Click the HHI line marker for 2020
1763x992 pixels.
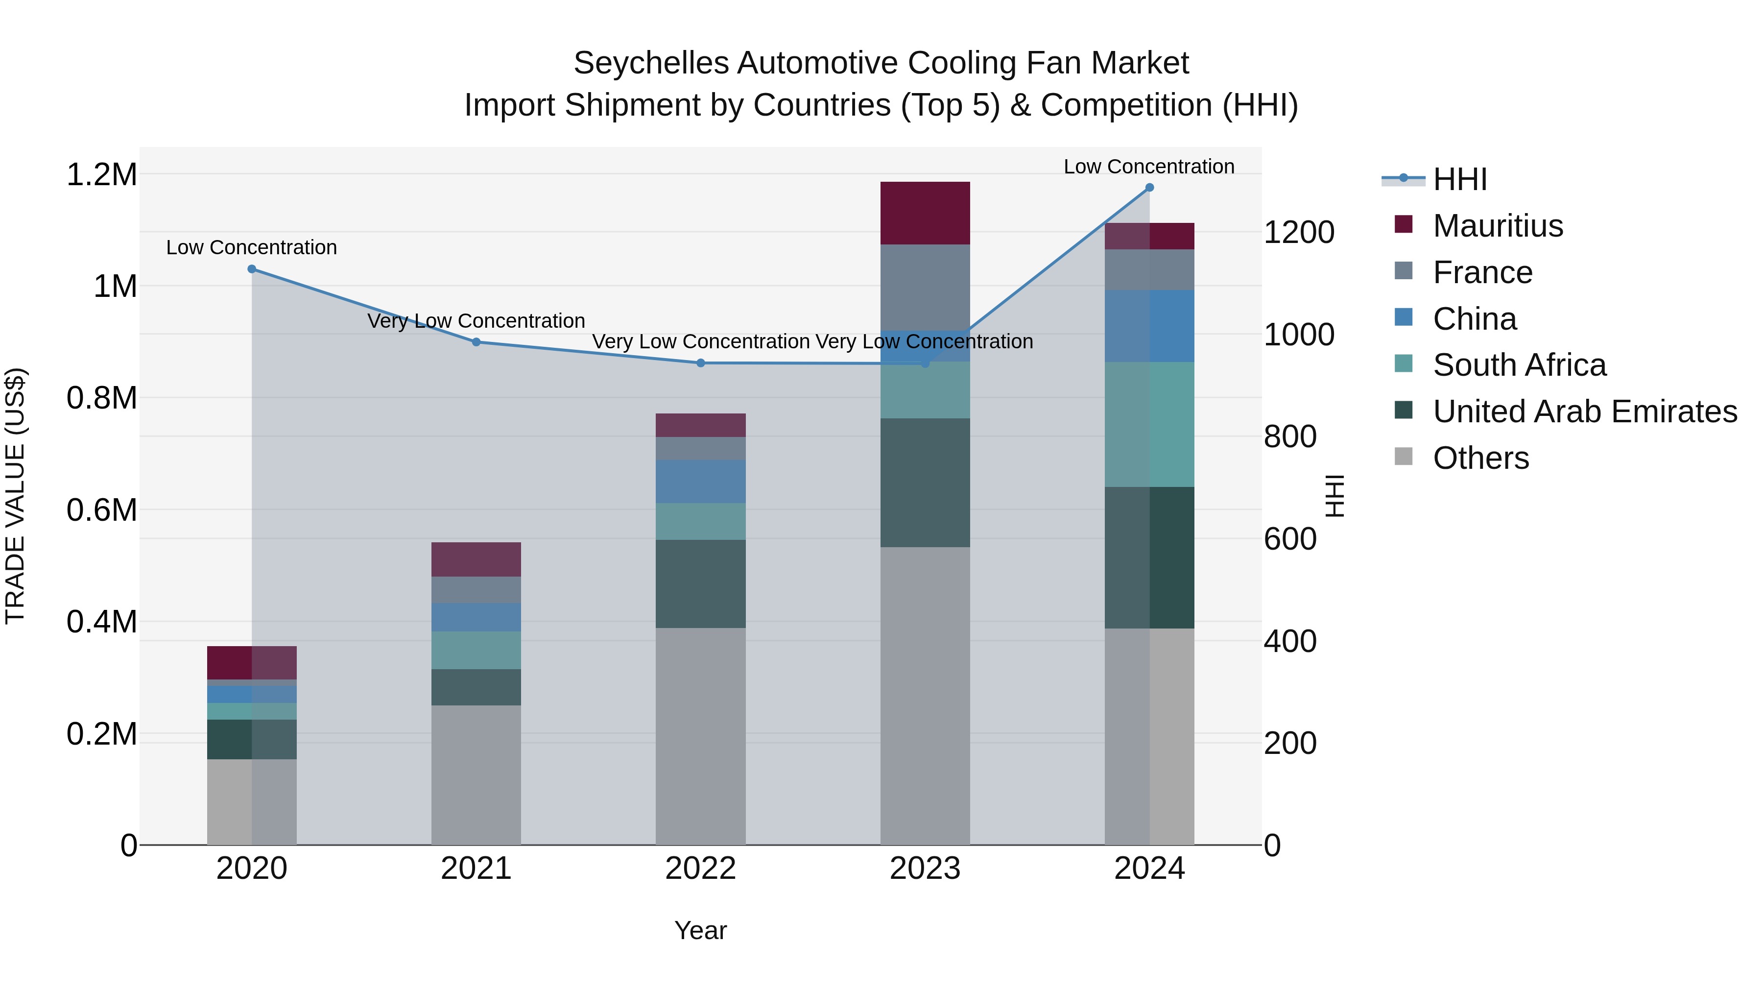coord(252,269)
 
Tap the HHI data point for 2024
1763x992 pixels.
coord(1149,188)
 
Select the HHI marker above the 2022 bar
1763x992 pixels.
coord(700,363)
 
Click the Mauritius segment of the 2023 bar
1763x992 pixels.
coord(925,213)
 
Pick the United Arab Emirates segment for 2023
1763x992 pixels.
coord(925,483)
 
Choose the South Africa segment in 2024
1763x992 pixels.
coord(1149,424)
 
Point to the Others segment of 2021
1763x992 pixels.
coord(476,774)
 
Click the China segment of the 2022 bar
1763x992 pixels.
coord(700,481)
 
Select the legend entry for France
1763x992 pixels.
coord(1482,272)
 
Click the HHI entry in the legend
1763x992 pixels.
coord(1460,179)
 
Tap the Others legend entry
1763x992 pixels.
coord(1480,458)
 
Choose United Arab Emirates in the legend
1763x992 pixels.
coord(1584,411)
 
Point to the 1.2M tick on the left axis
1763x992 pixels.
coord(101,174)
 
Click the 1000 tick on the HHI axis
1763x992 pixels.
coord(1298,335)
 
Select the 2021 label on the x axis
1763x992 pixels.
coord(476,869)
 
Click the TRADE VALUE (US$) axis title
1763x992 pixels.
coord(15,496)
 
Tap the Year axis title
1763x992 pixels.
coord(700,930)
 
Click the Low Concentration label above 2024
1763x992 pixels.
coord(1148,167)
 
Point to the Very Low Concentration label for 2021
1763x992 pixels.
coord(476,320)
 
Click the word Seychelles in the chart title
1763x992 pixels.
coord(650,63)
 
